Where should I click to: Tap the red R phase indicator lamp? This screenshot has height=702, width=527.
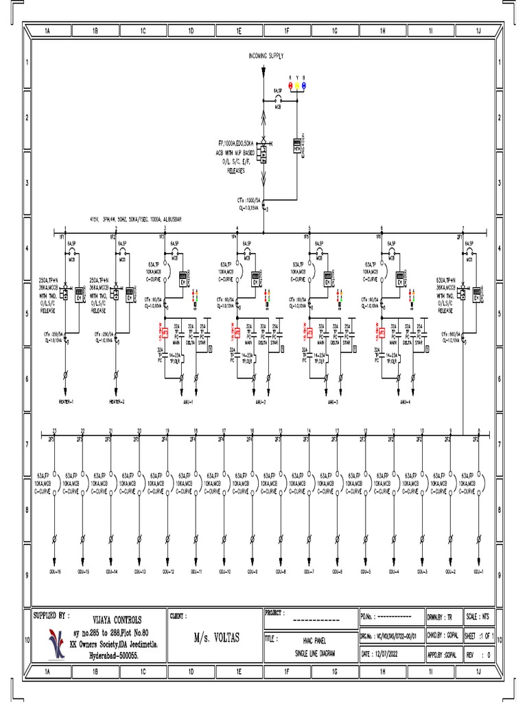290,85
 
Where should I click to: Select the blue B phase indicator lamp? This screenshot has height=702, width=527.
304,85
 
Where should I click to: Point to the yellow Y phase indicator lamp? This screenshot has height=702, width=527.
297,85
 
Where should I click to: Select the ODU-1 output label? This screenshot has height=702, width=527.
478,570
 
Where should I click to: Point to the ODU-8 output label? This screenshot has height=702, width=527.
280,570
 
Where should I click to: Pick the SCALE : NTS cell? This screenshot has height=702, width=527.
480,616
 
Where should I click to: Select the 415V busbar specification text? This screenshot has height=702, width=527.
134,219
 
